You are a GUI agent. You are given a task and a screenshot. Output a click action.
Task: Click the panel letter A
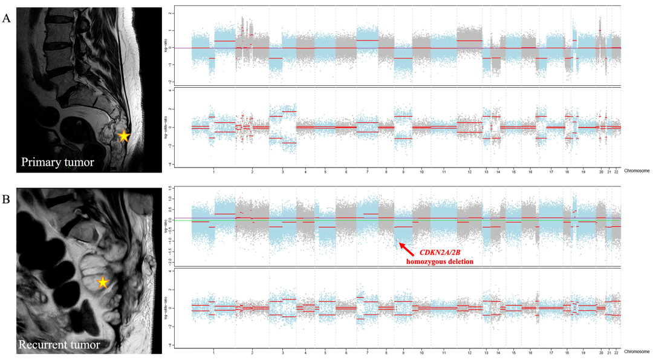7,18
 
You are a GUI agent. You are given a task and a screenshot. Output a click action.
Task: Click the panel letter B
7,197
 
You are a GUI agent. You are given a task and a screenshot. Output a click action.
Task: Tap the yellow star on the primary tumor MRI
123,136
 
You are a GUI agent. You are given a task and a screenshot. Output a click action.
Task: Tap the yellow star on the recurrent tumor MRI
103,282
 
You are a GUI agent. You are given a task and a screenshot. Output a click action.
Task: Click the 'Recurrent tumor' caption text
59,345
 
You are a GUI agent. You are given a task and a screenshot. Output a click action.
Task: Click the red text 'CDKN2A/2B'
444,251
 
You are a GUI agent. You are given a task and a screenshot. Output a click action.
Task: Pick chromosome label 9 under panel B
403,352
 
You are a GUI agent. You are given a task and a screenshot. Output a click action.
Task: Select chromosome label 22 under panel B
616,352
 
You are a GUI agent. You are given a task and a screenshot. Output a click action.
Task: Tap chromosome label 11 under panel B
444,352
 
